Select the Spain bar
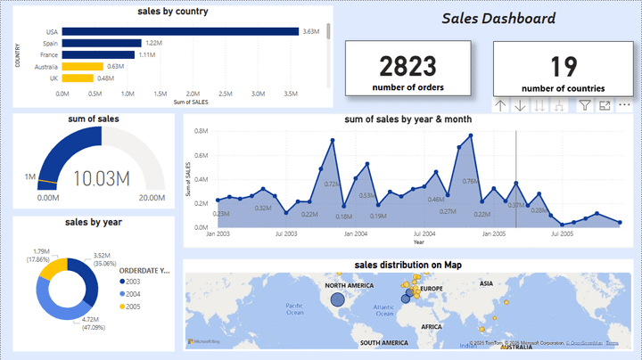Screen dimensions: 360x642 click(x=102, y=43)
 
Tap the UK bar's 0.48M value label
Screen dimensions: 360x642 click(x=106, y=78)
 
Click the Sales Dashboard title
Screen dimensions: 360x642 click(x=498, y=19)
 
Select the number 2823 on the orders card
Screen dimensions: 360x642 click(x=408, y=66)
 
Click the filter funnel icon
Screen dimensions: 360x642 click(x=585, y=105)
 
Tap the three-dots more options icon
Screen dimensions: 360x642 click(x=623, y=105)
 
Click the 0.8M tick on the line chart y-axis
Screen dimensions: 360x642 click(x=202, y=131)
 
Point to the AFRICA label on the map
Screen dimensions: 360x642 click(x=432, y=327)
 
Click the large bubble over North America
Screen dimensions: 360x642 click(x=337, y=300)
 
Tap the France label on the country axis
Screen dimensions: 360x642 click(x=49, y=54)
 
